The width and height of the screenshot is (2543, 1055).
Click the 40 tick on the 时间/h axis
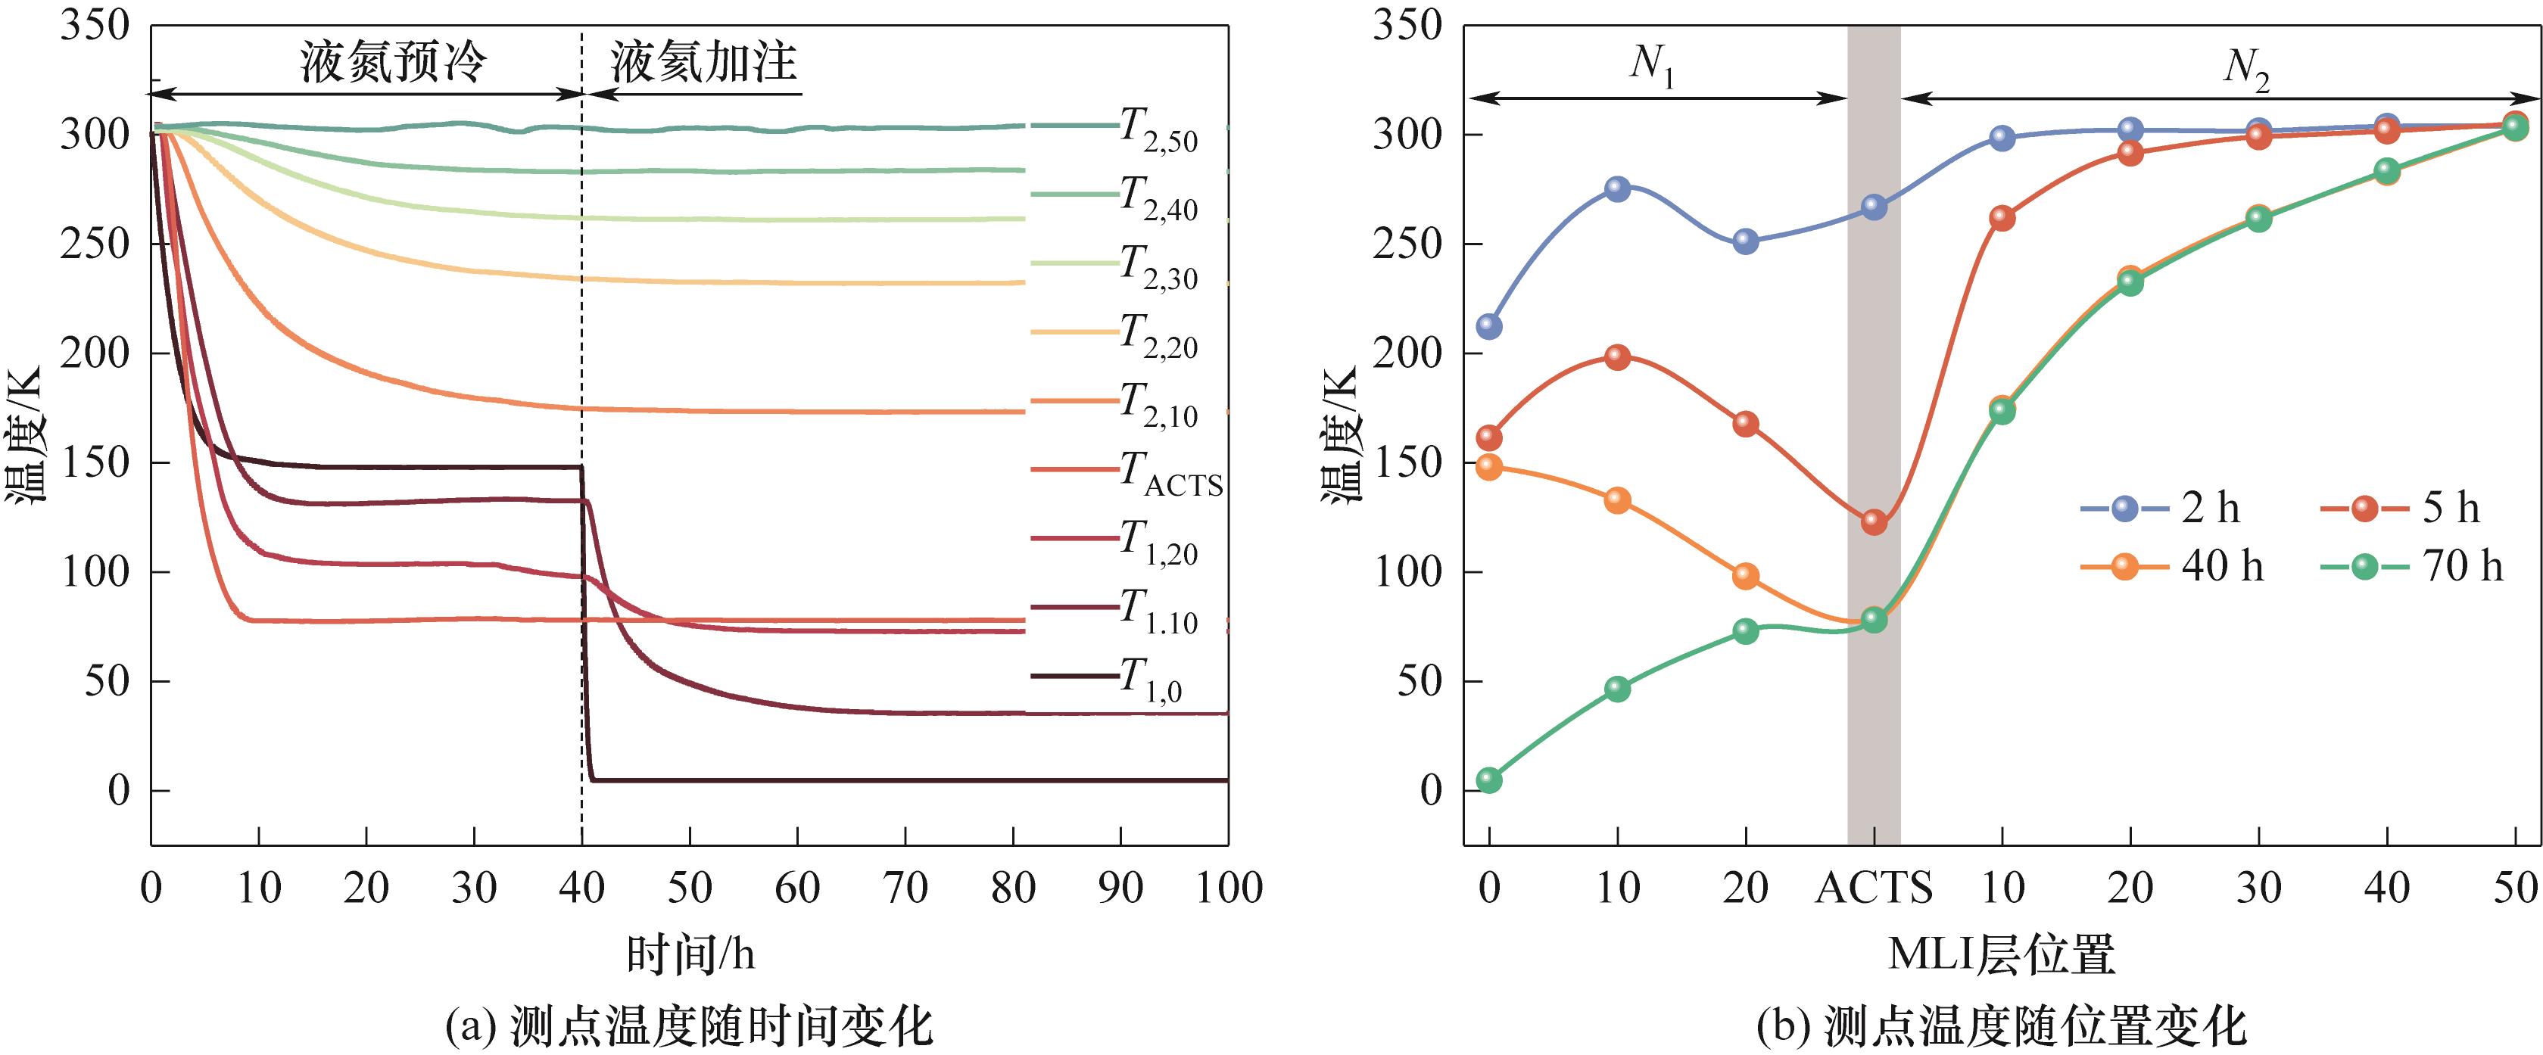581,889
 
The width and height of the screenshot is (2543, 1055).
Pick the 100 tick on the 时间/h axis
1228,889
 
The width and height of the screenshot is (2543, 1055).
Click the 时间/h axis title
690,954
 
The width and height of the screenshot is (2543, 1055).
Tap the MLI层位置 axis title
2002,954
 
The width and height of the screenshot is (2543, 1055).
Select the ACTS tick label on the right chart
1874,889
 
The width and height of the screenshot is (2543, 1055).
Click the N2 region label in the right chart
2246,68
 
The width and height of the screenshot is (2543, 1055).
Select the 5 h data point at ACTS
1874,522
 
